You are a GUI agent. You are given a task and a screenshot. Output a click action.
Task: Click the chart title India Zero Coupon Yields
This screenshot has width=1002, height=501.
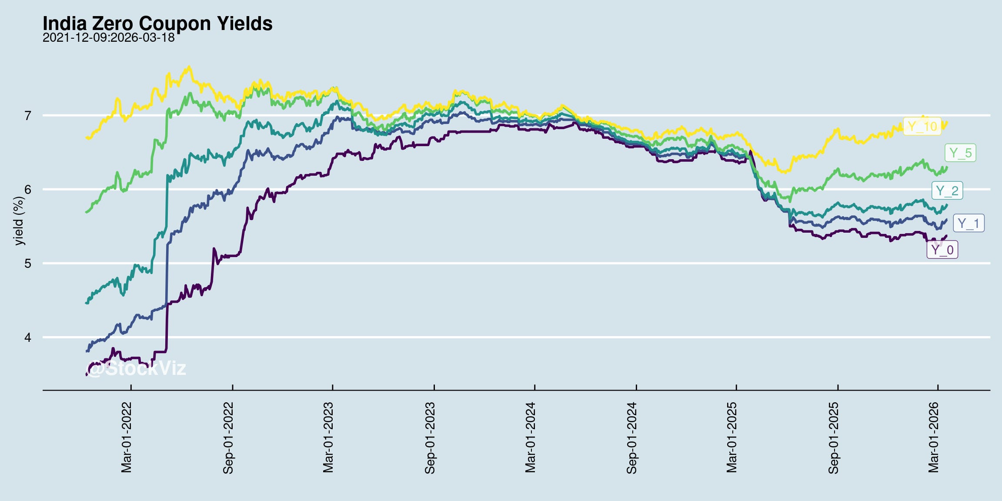click(x=157, y=23)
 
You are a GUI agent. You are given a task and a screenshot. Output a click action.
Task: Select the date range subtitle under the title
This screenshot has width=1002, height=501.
click(x=108, y=38)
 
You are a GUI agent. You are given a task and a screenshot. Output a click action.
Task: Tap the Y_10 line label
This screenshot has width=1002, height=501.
click(x=922, y=127)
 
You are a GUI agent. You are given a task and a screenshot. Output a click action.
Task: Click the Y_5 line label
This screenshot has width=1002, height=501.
click(x=960, y=153)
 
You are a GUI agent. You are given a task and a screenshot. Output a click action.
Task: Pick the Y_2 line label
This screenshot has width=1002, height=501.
click(x=947, y=190)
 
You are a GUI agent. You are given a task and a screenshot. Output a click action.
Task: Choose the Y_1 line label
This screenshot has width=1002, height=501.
click(x=969, y=224)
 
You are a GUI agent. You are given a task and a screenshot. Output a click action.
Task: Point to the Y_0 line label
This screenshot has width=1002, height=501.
click(x=942, y=250)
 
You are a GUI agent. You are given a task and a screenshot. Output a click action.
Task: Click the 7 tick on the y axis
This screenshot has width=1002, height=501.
click(x=28, y=116)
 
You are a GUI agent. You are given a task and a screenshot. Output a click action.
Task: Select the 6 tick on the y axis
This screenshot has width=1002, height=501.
click(x=28, y=190)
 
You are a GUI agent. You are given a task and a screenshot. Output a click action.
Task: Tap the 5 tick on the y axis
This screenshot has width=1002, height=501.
click(x=28, y=264)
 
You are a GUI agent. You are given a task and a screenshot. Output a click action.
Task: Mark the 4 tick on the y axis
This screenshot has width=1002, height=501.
click(x=28, y=337)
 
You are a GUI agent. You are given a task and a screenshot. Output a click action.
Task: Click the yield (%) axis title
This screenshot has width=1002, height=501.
click(x=19, y=221)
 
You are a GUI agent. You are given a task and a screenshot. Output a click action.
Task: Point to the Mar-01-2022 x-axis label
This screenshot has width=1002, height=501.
click(x=126, y=438)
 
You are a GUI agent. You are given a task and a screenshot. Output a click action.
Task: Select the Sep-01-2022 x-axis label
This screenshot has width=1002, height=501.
click(x=228, y=438)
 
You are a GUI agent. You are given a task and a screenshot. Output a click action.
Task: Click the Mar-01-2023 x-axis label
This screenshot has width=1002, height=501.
click(x=328, y=438)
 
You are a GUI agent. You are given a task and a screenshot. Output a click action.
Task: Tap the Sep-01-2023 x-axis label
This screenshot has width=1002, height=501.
click(x=430, y=438)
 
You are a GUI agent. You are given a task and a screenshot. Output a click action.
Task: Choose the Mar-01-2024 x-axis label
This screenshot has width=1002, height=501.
click(x=530, y=438)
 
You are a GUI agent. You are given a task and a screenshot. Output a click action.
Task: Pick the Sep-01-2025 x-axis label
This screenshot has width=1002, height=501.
click(x=833, y=438)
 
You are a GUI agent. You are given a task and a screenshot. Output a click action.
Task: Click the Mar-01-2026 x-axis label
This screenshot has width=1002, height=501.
click(x=933, y=438)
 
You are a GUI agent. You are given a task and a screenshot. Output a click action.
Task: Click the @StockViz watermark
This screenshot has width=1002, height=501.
click(x=136, y=368)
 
